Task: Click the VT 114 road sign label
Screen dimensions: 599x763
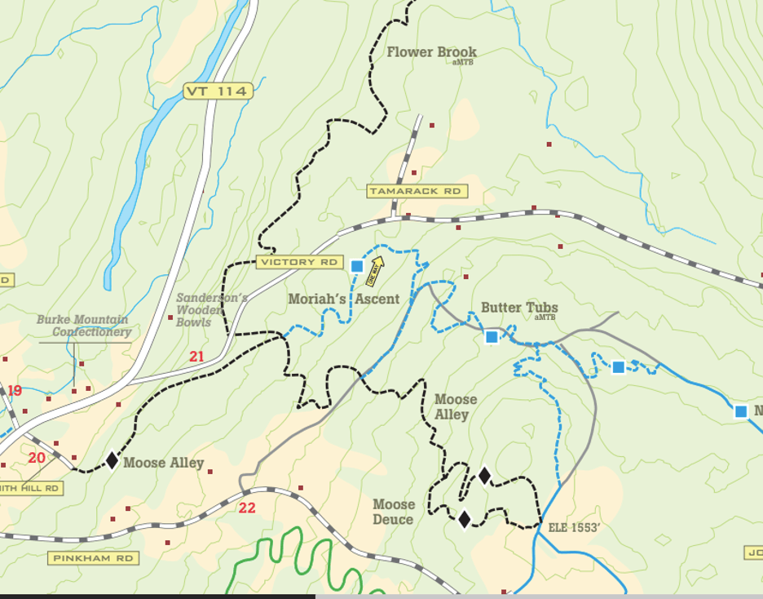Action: click(215, 91)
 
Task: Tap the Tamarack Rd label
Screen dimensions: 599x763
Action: click(417, 191)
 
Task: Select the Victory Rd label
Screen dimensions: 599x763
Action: click(299, 262)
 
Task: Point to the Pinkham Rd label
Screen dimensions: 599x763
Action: click(93, 558)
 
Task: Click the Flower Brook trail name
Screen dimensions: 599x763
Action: click(431, 52)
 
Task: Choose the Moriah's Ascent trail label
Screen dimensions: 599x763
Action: click(343, 299)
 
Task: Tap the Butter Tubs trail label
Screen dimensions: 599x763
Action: click(519, 308)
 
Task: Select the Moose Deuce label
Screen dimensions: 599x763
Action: click(394, 512)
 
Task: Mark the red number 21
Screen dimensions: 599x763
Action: click(196, 357)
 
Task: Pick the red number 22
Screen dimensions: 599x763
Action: click(247, 508)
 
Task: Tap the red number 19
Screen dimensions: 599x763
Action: click(15, 391)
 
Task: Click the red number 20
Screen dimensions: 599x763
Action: click(37, 458)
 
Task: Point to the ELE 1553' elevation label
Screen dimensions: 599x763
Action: click(574, 528)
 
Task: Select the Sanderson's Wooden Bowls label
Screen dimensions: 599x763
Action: click(210, 310)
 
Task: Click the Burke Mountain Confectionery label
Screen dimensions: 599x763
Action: click(83, 326)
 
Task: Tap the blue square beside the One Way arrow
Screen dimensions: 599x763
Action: click(356, 266)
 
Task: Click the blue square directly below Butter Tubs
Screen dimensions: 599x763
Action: click(492, 337)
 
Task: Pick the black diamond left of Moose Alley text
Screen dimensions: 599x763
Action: click(112, 460)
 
